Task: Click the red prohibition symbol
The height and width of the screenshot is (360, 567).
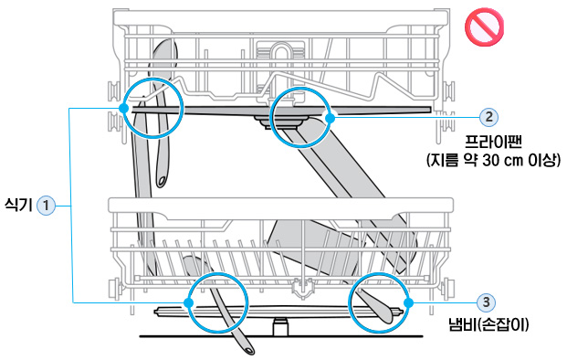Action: (x=484, y=27)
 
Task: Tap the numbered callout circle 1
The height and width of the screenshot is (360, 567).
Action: (x=46, y=206)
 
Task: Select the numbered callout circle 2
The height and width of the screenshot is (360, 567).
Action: (x=488, y=117)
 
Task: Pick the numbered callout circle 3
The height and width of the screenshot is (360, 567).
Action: (x=486, y=302)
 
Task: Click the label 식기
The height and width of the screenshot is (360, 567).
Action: (x=18, y=206)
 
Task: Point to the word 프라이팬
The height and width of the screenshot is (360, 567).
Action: (x=493, y=142)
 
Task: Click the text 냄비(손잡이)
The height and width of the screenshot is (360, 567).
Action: (x=488, y=324)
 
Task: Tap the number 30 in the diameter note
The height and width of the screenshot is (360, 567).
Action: (x=490, y=160)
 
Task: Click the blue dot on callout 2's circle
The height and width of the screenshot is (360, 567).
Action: (x=330, y=118)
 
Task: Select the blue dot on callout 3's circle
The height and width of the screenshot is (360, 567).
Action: (x=408, y=302)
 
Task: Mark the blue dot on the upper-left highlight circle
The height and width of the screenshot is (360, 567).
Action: (x=123, y=108)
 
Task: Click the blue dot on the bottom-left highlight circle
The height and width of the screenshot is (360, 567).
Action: (x=188, y=302)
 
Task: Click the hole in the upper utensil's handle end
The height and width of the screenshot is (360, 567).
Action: (x=162, y=180)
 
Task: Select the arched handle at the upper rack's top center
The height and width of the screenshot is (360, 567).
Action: (x=279, y=54)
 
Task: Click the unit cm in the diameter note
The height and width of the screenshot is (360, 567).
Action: (x=513, y=161)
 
